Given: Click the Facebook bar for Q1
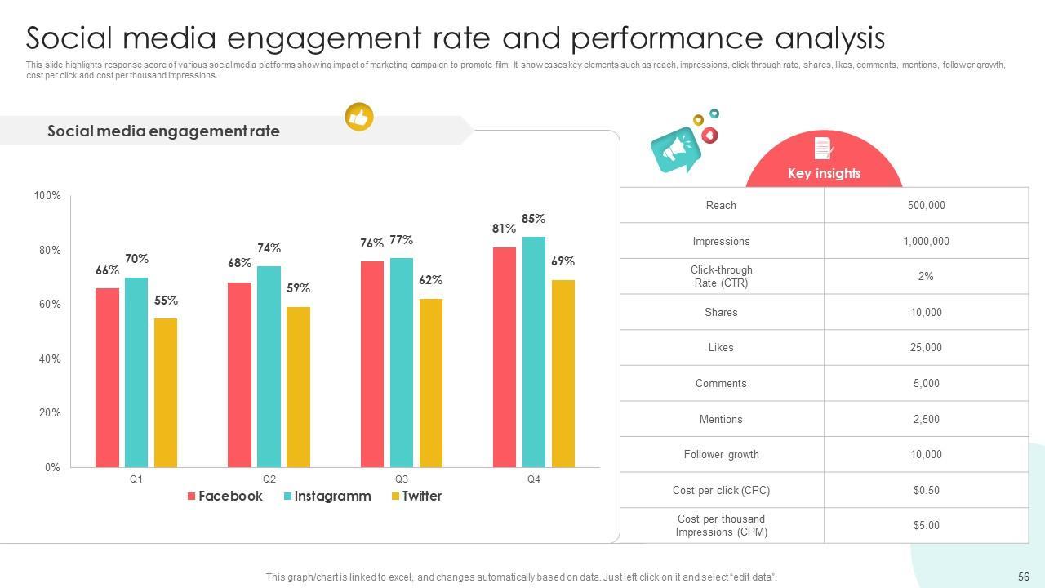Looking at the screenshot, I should click(107, 377).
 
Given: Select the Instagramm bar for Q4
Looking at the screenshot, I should click(534, 352).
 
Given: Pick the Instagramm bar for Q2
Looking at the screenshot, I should click(269, 367).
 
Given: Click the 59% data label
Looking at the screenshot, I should click(298, 288).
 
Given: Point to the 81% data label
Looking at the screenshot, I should click(504, 229).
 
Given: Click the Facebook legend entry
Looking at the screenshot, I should click(225, 496).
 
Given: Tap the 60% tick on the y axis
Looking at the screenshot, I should click(49, 305).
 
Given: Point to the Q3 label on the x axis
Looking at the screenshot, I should click(402, 479).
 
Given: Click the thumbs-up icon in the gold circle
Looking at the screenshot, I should click(359, 117).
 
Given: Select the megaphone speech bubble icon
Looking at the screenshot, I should click(675, 149).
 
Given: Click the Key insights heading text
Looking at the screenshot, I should click(824, 173).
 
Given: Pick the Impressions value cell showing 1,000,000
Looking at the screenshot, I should click(926, 241).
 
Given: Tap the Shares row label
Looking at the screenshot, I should click(721, 312).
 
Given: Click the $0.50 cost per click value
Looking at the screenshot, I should click(926, 490).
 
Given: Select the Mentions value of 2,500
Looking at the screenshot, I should click(926, 419).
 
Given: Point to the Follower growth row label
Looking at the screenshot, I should click(721, 454).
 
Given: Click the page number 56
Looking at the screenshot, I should click(1024, 576).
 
